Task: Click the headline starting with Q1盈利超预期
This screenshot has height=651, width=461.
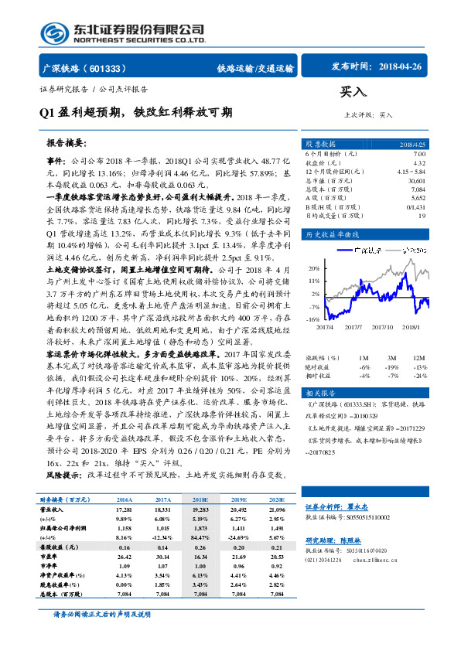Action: click(x=135, y=111)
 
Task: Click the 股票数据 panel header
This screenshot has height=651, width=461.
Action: click(x=320, y=144)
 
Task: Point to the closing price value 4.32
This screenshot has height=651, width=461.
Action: click(x=420, y=163)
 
